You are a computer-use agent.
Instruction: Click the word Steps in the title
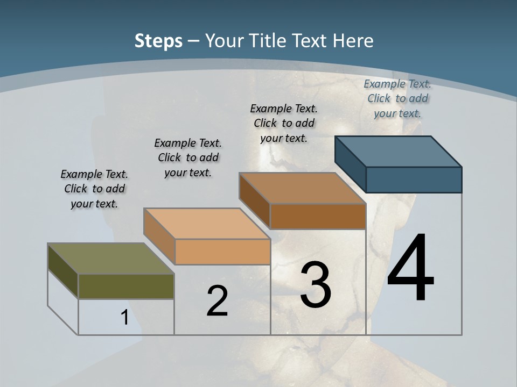[x=158, y=41]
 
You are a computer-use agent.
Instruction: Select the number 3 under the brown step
[x=315, y=285]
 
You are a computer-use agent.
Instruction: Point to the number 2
[x=217, y=301]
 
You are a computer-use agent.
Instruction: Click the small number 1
[x=124, y=317]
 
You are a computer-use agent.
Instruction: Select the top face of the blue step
[x=398, y=151]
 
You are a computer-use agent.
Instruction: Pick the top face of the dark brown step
[x=302, y=188]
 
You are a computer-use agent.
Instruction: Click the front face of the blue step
[x=414, y=180]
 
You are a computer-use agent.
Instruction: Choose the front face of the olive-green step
[x=126, y=286]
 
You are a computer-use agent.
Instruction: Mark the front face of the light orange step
[x=222, y=252]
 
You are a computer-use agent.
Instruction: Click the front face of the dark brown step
[x=318, y=216]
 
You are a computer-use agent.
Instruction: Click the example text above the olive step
[x=94, y=189]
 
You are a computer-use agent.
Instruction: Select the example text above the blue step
[x=397, y=98]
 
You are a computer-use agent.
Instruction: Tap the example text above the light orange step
[x=188, y=157]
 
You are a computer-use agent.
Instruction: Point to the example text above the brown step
[x=284, y=123]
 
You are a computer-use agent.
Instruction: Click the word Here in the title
[x=353, y=41]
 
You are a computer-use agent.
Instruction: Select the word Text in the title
[x=310, y=41]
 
